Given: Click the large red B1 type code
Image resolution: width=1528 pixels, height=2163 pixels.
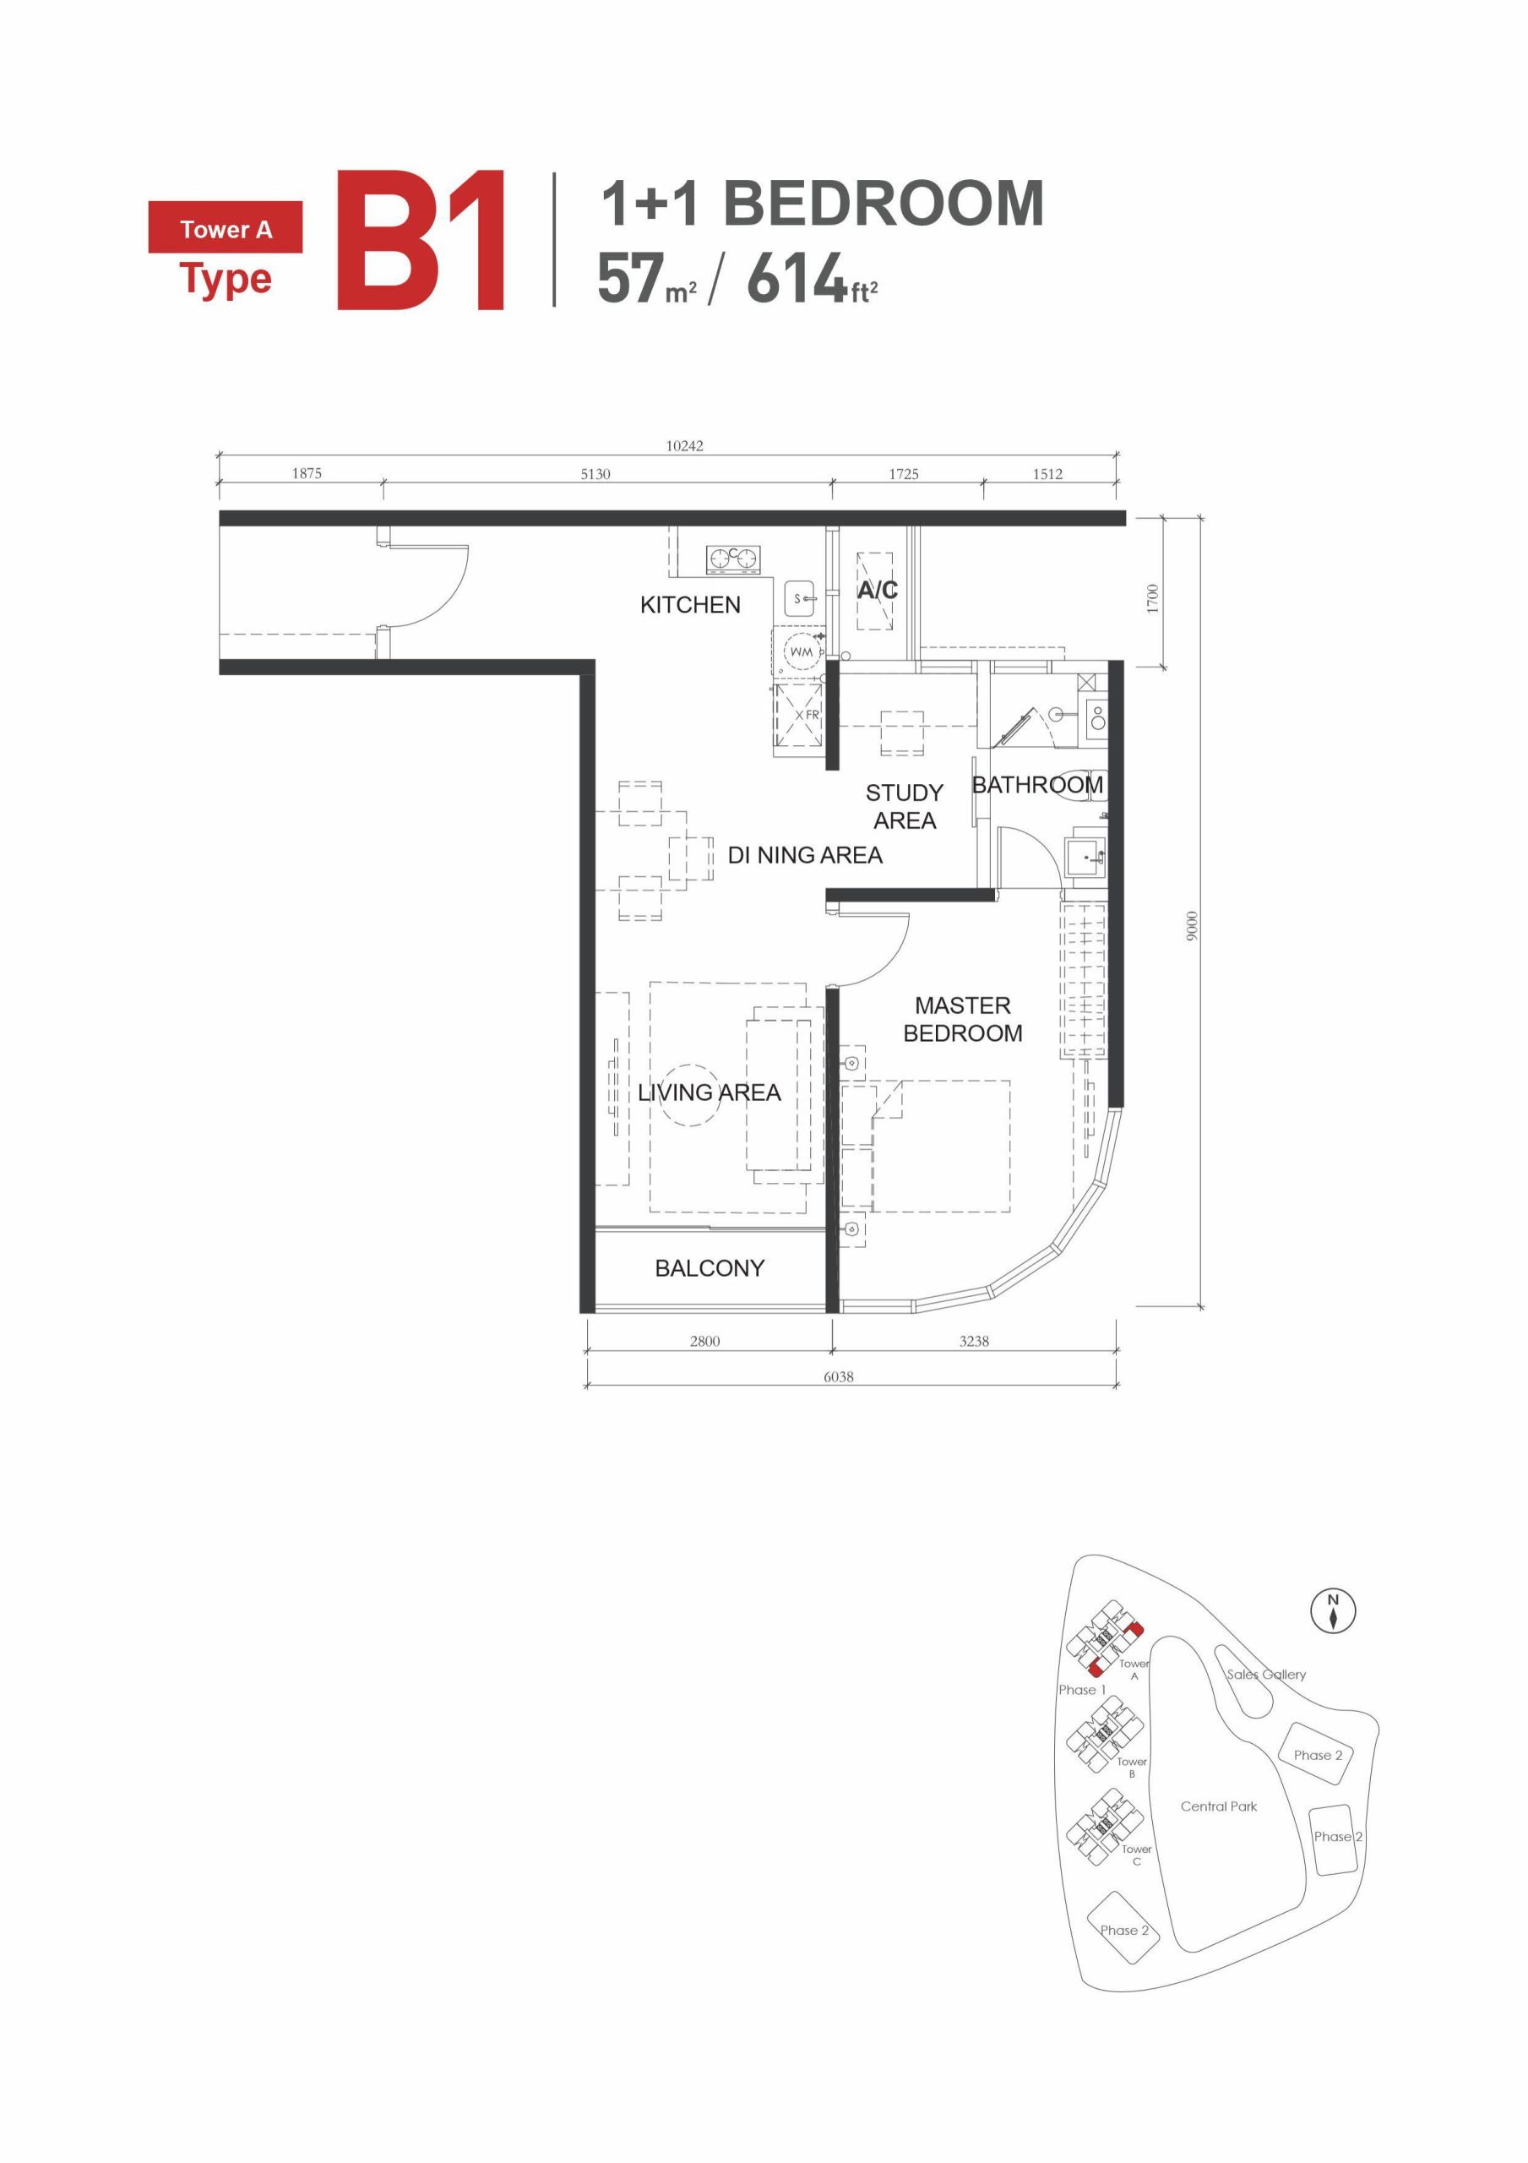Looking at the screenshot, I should click(x=421, y=240).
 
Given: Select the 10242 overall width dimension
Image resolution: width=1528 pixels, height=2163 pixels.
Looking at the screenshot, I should click(x=684, y=445).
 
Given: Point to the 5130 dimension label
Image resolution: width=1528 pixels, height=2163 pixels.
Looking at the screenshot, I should click(x=595, y=474).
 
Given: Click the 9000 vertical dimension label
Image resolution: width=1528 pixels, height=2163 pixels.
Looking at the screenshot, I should click(x=1192, y=925).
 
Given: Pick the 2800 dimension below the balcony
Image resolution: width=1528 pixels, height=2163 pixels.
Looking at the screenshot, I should click(x=704, y=1341).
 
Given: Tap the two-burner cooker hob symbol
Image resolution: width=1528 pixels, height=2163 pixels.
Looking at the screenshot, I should click(x=733, y=559).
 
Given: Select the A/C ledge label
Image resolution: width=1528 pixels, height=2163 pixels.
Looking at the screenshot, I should click(x=876, y=590).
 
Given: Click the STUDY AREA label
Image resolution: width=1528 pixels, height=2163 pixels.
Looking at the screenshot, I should click(x=904, y=806).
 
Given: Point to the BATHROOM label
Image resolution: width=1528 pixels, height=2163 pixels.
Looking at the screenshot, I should click(x=1036, y=785).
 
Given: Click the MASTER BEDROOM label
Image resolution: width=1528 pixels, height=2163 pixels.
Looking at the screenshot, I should click(x=962, y=1019).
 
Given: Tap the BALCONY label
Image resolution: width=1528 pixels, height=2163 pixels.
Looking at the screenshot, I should click(x=710, y=1268).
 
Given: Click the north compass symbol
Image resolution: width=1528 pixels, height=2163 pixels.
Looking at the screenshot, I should click(x=1333, y=1611).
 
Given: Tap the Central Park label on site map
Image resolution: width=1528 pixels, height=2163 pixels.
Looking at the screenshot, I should click(x=1218, y=1806).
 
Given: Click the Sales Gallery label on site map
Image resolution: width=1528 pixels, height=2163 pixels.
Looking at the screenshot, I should click(x=1265, y=1674).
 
